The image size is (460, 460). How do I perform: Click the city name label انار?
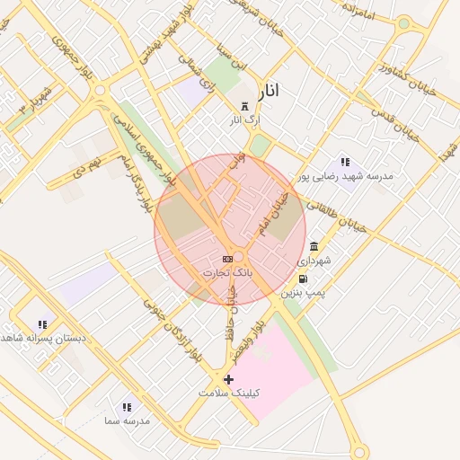tap(269, 91)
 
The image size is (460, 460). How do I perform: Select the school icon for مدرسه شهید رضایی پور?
tap(345, 162)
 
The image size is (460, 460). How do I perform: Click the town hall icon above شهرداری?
tap(314, 246)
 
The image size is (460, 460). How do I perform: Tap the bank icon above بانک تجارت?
tap(227, 259)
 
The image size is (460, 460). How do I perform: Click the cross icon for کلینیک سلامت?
tap(228, 380)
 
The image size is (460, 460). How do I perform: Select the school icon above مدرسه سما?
tap(127, 407)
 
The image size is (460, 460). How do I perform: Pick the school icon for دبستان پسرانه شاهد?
tap(42, 324)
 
